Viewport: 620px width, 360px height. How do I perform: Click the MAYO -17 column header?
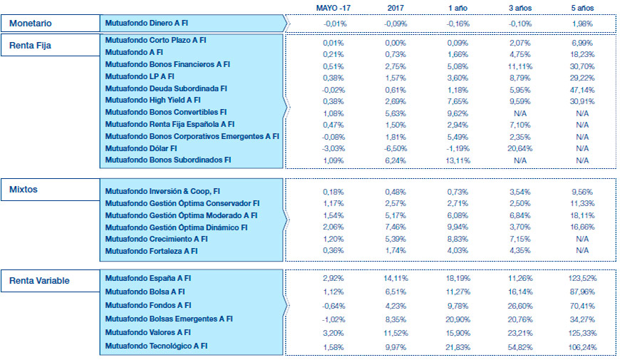pos(333,7)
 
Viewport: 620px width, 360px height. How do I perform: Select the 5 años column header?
pos(582,7)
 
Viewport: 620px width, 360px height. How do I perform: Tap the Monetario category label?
pos(31,24)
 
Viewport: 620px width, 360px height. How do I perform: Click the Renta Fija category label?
pos(31,46)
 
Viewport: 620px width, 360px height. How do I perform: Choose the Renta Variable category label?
pos(39,280)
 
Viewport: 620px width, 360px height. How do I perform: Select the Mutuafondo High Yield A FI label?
pos(153,101)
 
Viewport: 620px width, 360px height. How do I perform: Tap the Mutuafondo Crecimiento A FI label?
pos(156,240)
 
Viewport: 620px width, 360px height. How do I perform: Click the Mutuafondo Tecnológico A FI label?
pos(156,346)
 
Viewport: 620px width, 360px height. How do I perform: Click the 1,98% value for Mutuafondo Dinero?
pos(582,24)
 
